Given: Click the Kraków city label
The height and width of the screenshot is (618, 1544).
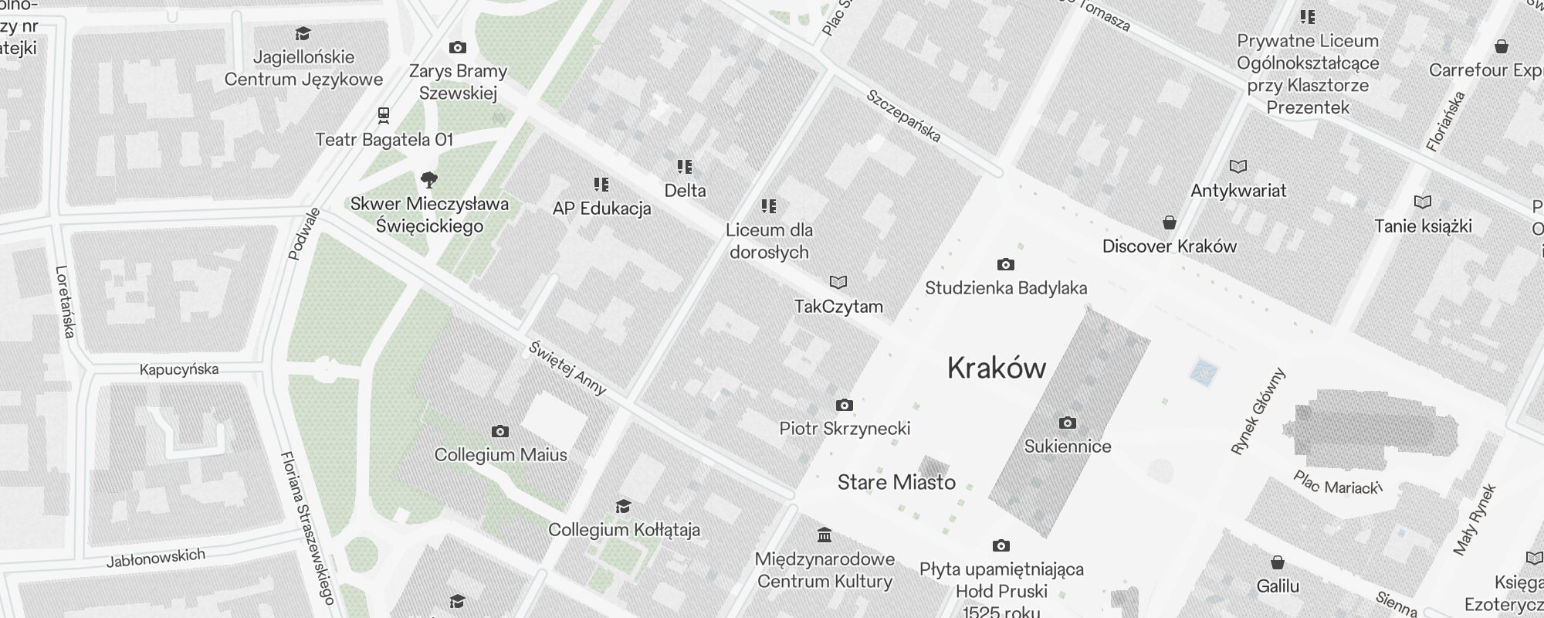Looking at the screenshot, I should point(996,368).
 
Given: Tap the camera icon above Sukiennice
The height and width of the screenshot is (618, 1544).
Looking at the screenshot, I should point(1068,423).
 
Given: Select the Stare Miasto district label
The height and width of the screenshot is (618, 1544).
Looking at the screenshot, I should point(896,483).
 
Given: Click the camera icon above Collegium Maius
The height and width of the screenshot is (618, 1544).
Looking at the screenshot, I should point(500,431).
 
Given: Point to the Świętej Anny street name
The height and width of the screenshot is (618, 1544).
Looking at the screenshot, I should point(567,368).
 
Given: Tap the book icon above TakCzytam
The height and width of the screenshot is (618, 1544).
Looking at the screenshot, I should point(838,283).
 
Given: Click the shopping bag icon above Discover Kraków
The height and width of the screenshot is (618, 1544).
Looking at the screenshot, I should point(1170,222).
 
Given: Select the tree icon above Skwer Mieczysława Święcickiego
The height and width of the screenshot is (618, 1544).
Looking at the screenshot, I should point(429,181).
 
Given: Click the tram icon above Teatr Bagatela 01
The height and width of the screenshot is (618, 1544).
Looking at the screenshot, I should point(384,116).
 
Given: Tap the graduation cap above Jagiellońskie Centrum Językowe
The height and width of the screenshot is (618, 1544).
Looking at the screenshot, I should point(303,34).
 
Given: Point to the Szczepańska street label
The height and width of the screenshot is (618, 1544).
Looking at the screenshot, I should point(903,117).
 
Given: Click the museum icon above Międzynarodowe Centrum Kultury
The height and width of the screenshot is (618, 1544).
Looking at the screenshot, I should point(824,535).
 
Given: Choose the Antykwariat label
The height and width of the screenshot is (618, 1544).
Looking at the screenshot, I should point(1238,191).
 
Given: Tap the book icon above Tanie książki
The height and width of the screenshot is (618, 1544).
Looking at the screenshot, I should point(1423,202).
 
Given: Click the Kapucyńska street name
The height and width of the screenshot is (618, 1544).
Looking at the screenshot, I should point(179,369).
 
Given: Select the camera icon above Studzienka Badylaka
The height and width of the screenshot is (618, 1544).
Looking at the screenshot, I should point(1005,265).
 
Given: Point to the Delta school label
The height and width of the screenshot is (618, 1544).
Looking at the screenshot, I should point(685,191).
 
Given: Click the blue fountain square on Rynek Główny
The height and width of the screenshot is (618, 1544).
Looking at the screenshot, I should point(1203,372).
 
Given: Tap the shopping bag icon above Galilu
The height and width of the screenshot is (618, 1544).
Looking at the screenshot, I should point(1278,562).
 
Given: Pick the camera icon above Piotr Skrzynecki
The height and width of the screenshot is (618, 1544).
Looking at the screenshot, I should point(845,405).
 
